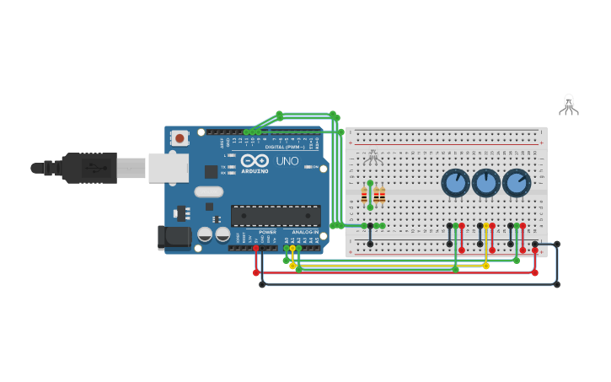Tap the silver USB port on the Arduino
click(168, 168)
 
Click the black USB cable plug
click(89, 168)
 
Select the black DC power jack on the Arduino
click(174, 237)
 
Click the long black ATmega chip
click(275, 216)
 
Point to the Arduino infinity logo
click(254, 160)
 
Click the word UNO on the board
click(287, 160)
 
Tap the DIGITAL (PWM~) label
click(285, 147)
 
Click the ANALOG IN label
click(305, 232)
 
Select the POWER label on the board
click(267, 232)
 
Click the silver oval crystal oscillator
click(208, 191)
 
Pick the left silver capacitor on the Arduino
click(205, 234)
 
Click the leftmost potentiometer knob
click(455, 183)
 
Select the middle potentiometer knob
click(486, 183)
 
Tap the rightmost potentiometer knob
click(517, 183)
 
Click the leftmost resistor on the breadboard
click(364, 196)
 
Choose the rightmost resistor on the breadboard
click(382, 196)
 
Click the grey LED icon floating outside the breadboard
click(569, 105)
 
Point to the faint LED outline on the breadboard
click(373, 158)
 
